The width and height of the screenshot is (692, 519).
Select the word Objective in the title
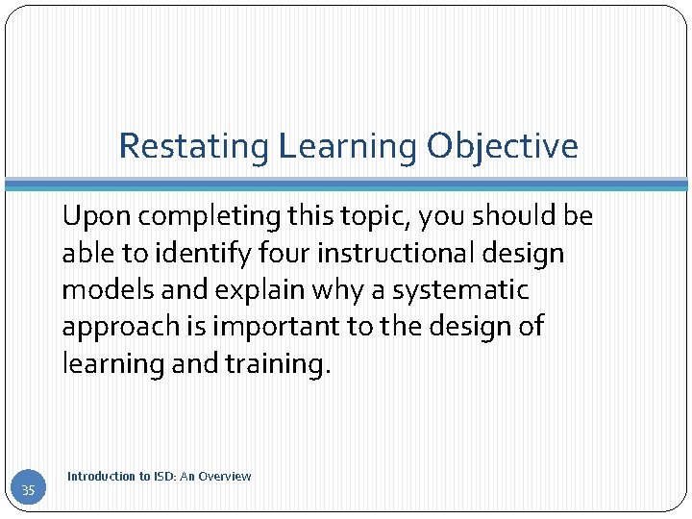click(x=503, y=147)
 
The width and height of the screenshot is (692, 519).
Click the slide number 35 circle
click(x=28, y=490)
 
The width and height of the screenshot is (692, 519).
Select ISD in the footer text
click(x=164, y=476)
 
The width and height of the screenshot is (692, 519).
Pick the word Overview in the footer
click(x=226, y=476)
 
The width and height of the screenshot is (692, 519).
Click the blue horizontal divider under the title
click(x=346, y=184)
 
